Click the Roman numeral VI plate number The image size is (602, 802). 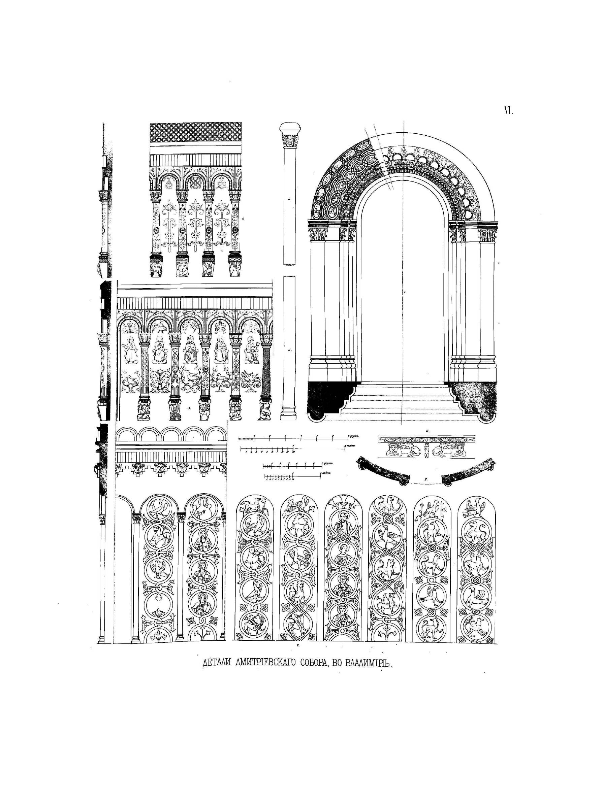coord(508,111)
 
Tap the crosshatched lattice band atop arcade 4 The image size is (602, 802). coord(196,133)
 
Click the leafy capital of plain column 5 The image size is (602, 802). coord(290,140)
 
